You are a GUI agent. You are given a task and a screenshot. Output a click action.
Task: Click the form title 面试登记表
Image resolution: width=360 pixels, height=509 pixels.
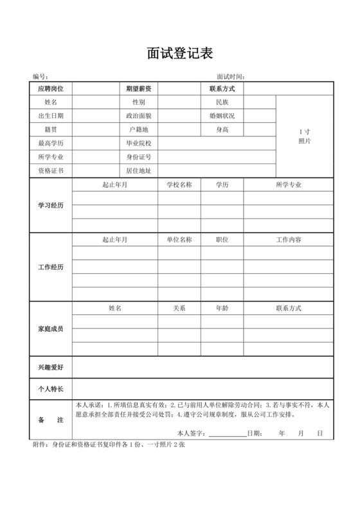point(179,52)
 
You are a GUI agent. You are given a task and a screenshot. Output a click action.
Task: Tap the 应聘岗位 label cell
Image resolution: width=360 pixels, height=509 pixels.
point(51,88)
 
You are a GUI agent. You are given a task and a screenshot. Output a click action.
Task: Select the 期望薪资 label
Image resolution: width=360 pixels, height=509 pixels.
point(139,88)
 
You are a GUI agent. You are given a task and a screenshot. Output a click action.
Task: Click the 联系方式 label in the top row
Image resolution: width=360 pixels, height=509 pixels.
point(222,88)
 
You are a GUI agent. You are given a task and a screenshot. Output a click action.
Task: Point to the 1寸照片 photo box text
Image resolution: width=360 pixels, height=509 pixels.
point(305,136)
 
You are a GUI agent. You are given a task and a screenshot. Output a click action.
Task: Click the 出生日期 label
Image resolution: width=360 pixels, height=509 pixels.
point(51,116)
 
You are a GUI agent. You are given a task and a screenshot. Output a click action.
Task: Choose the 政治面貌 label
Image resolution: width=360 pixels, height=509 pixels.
point(139,116)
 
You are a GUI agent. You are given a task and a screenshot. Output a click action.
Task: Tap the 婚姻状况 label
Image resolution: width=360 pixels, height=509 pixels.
point(222,116)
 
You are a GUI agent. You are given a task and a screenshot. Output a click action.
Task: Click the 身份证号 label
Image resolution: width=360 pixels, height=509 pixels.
point(139,157)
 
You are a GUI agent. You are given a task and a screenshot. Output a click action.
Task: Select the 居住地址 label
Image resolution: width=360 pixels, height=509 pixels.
point(139,171)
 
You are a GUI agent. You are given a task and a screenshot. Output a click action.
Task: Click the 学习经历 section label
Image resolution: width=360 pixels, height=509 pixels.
point(51,205)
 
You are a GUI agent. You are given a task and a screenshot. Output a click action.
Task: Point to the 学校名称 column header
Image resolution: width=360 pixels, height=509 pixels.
point(179,184)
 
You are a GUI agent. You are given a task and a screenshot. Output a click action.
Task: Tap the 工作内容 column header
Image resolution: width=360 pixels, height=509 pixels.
point(289,240)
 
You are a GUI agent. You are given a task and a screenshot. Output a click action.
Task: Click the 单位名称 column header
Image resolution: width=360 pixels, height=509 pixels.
point(179,240)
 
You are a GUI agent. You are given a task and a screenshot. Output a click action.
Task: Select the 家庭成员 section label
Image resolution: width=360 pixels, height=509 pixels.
point(51,329)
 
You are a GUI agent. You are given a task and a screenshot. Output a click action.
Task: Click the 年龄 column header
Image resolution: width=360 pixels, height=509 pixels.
point(222,308)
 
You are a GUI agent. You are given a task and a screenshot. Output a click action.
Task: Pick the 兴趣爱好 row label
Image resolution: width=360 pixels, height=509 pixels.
point(51,368)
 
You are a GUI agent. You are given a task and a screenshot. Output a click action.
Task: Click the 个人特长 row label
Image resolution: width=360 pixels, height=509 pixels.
point(51,389)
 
